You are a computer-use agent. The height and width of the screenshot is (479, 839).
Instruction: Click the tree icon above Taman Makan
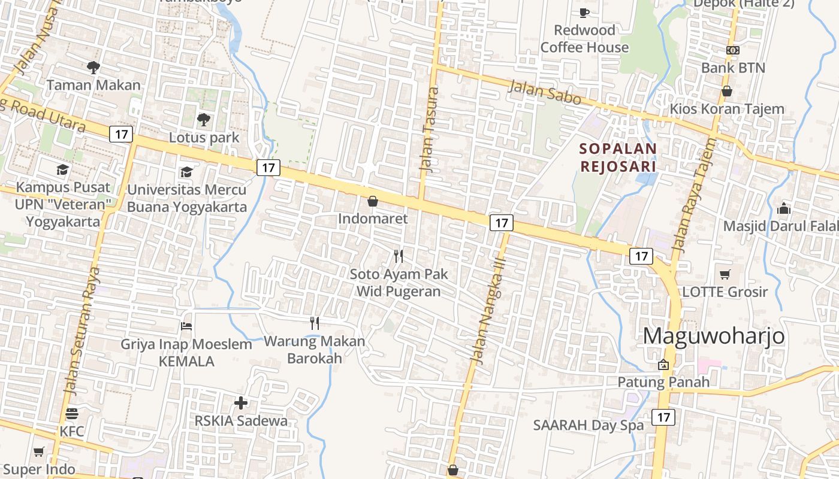93,67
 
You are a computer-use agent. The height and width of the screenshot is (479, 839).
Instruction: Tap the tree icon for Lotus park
204,120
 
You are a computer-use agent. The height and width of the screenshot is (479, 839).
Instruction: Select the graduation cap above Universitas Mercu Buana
186,172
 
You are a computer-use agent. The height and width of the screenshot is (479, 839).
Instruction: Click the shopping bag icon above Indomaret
373,201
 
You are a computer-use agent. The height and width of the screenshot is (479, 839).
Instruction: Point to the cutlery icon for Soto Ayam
399,256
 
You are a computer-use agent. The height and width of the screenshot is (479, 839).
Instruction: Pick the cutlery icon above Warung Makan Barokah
315,323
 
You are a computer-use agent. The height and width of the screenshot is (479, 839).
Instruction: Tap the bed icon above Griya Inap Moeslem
186,326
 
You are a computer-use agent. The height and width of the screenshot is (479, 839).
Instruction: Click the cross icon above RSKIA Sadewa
241,403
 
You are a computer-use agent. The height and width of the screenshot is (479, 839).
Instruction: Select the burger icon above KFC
72,414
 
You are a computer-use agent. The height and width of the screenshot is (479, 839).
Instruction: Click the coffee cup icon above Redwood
584,13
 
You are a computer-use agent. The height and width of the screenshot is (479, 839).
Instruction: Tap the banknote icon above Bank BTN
733,50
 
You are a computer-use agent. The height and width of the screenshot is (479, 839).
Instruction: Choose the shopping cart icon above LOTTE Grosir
725,275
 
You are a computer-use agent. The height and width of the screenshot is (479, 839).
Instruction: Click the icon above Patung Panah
663,365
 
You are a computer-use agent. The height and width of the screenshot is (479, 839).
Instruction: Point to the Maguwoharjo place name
714,336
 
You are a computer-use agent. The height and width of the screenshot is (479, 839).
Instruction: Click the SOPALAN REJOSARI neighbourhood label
618,157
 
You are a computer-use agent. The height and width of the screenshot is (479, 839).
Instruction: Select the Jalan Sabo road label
545,93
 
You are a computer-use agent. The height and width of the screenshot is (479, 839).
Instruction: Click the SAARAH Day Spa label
588,426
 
